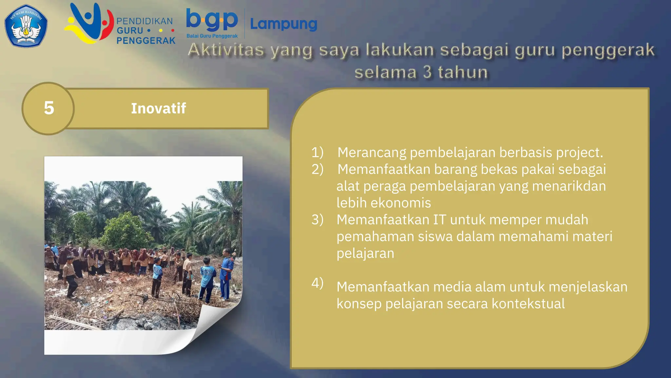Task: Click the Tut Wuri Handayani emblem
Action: coord(26,26)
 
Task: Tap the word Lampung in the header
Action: coord(283,24)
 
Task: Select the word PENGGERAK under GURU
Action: coord(146,41)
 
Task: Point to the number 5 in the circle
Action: coord(49,108)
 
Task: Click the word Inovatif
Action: coord(159,108)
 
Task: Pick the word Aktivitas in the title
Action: coord(226,50)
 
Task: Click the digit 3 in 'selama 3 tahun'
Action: coord(427,72)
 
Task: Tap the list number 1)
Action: coord(317,152)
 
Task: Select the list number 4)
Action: coord(317,283)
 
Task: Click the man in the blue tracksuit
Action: coord(226,274)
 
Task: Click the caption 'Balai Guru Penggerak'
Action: coord(212,36)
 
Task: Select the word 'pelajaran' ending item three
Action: coord(365,253)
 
